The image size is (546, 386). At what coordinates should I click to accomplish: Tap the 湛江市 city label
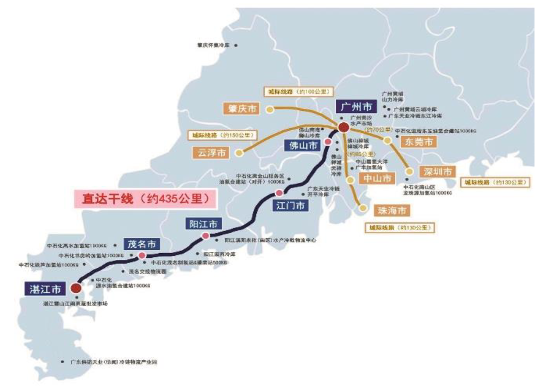(45, 289)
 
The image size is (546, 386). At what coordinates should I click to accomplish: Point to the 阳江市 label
(204, 224)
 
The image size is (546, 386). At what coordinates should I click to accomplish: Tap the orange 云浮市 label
(212, 153)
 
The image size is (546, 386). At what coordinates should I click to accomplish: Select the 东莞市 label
(419, 142)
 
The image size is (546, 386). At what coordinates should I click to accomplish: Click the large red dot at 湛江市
(76, 288)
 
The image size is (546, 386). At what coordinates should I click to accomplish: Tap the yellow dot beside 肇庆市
(270, 109)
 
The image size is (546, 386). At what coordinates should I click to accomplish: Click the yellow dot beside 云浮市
(240, 153)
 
